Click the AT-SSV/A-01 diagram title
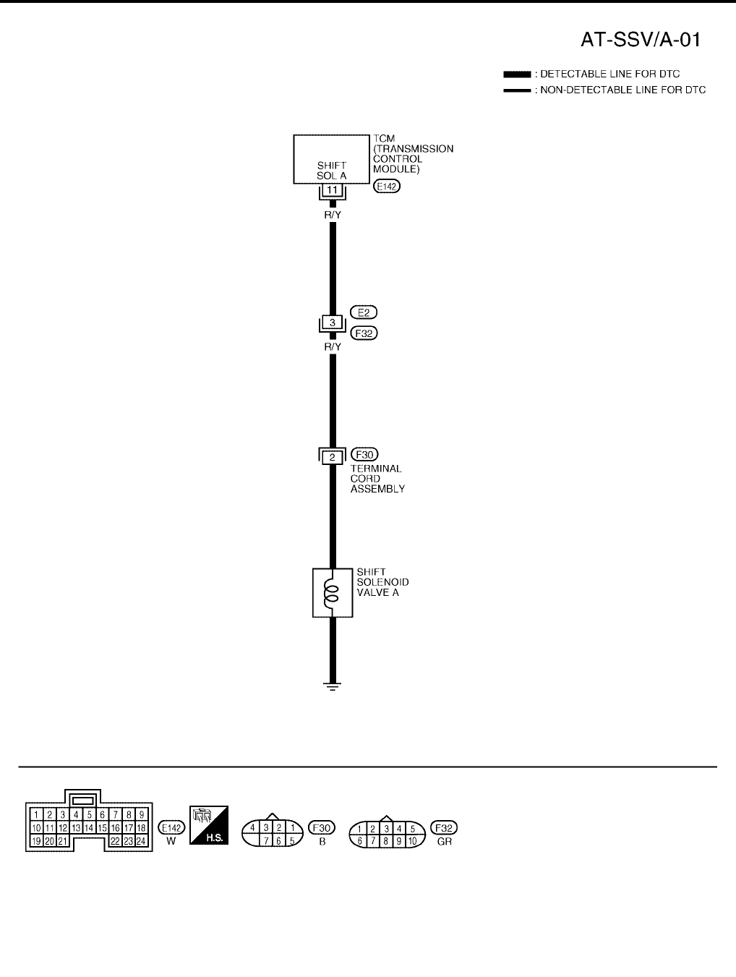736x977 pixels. point(641,39)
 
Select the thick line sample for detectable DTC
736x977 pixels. point(517,74)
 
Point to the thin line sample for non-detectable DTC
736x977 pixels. point(517,90)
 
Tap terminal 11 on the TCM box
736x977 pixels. point(333,190)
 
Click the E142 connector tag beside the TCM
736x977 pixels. point(387,186)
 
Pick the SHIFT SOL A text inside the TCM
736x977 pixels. point(332,171)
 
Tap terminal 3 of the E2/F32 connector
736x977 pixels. point(333,323)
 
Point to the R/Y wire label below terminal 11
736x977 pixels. point(333,215)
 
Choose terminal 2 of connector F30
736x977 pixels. point(333,457)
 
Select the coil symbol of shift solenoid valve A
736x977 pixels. point(332,593)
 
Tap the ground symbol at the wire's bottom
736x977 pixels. point(333,686)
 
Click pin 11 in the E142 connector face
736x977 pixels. point(50,828)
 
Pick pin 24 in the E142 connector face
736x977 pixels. point(141,841)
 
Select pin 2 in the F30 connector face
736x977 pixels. point(279,827)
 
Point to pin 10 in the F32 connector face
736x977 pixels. point(412,841)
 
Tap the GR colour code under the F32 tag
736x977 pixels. point(444,842)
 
